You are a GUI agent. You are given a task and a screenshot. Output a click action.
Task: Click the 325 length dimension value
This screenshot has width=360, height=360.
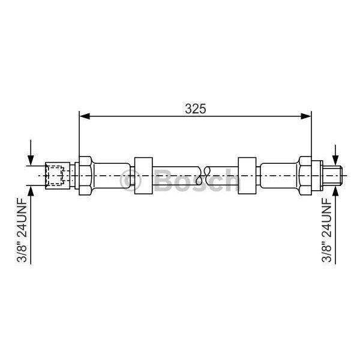(x=196, y=109)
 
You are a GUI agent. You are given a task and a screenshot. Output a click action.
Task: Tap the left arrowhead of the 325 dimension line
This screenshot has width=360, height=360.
(x=84, y=116)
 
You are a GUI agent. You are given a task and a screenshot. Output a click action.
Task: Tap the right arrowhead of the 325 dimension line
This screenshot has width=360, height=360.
(x=306, y=116)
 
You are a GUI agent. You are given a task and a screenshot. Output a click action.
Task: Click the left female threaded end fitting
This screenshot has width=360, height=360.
(x=58, y=176)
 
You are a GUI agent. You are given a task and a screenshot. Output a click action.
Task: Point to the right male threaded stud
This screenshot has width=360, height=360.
(x=332, y=176)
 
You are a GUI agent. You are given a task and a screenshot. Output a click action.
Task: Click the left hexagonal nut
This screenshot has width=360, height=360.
(x=86, y=176)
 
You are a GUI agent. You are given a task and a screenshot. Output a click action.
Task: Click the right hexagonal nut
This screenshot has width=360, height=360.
(x=305, y=176)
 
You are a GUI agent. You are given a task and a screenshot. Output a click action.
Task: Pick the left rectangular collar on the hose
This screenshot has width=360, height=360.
(x=143, y=176)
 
